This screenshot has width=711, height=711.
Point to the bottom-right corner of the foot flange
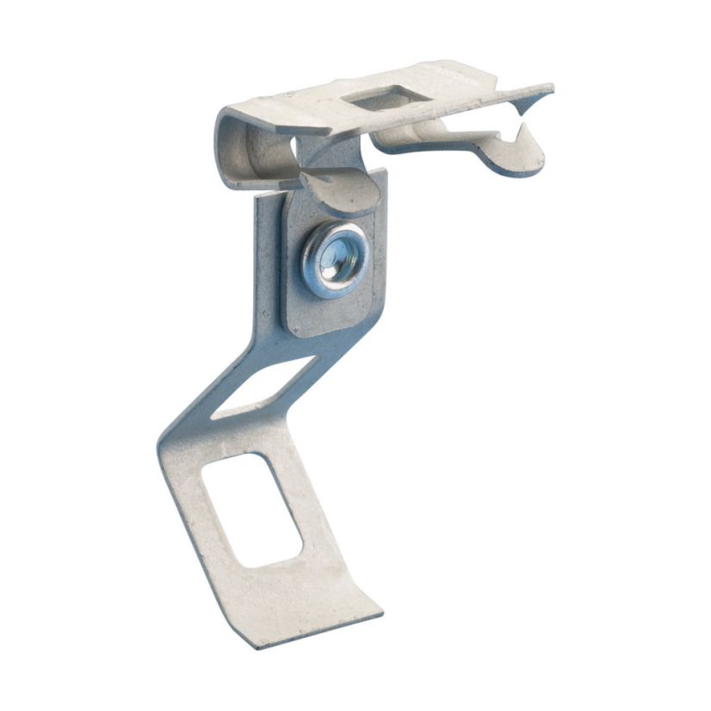[381, 614]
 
